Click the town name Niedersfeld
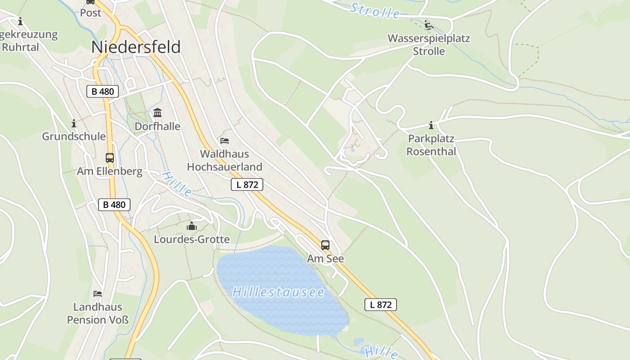pos(136,47)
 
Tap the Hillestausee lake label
pos(278,292)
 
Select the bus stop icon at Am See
pos(325,245)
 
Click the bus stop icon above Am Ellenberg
pos(110,158)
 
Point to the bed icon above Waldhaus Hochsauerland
pos(225,141)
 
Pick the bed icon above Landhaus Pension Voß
pos(98,294)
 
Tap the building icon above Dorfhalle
pos(157,112)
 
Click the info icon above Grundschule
pos(74,123)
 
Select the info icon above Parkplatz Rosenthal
pos(431,125)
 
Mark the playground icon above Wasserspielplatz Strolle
pos(429,25)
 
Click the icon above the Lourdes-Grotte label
pos(192,225)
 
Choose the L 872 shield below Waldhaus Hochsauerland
pos(247,184)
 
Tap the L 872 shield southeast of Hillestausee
pos(380,305)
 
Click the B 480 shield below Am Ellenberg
pos(114,205)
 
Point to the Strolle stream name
pos(375,11)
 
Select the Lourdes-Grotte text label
pos(192,239)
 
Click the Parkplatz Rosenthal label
pos(431,145)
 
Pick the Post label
pos(90,13)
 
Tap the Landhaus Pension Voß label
pos(98,313)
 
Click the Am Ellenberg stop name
pos(109,171)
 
